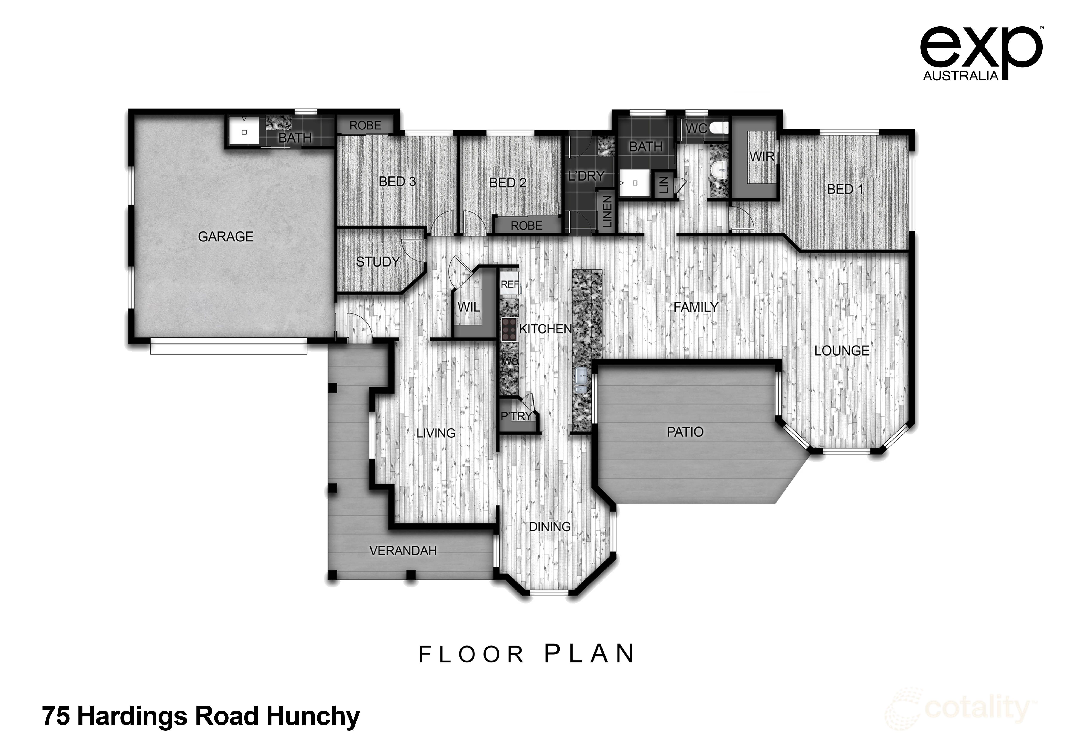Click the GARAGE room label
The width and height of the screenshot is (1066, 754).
pyautogui.click(x=226, y=237)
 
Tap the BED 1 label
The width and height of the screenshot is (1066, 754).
pyautogui.click(x=845, y=189)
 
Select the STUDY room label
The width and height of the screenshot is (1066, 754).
pyautogui.click(x=378, y=262)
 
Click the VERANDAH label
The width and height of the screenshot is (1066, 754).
pyautogui.click(x=403, y=551)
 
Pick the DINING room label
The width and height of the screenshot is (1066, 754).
pyautogui.click(x=550, y=527)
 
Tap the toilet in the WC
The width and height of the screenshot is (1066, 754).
pyautogui.click(x=720, y=127)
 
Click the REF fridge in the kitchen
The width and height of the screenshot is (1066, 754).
pyautogui.click(x=509, y=284)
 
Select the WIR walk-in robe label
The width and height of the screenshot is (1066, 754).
pyautogui.click(x=762, y=157)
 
